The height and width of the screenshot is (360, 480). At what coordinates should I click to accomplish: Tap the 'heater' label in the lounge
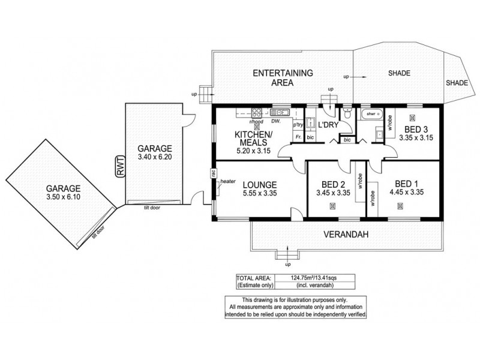(228, 181)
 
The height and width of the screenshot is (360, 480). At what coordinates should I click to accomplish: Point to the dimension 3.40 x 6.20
(154, 157)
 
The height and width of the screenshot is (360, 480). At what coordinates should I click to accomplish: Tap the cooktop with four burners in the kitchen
(257, 112)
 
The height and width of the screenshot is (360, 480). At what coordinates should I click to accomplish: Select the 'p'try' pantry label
(298, 125)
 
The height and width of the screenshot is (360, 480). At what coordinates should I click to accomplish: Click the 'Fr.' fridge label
(298, 137)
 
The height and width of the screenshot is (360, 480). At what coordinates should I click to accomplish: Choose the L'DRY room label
(328, 125)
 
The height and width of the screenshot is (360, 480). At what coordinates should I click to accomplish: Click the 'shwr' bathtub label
(371, 113)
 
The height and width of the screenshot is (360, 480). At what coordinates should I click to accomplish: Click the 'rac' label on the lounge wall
(213, 172)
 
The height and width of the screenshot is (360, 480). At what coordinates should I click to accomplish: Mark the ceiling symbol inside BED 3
(412, 117)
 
